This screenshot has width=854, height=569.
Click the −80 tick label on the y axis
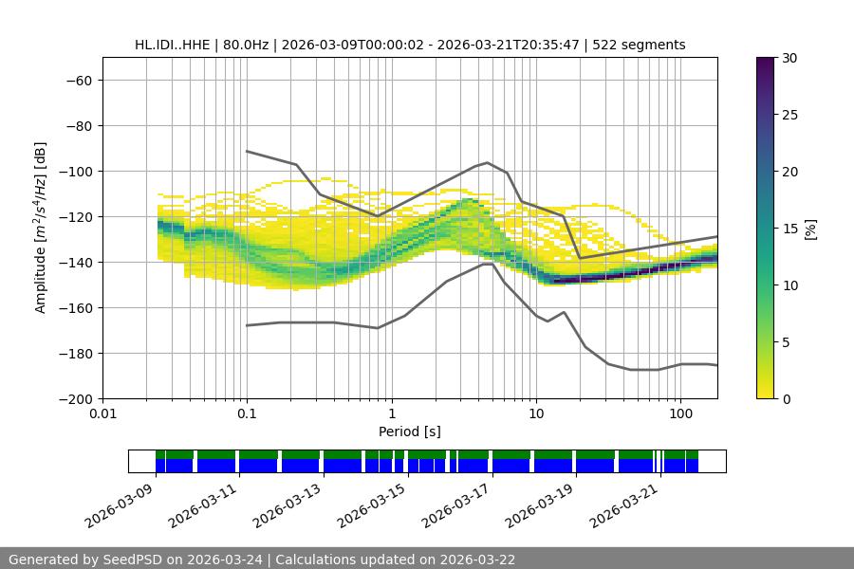(77, 126)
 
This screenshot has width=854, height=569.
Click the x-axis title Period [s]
(409, 432)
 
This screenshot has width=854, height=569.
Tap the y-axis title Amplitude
(41, 228)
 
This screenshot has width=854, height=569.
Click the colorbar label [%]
(809, 229)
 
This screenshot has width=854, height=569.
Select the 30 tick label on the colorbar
(789, 58)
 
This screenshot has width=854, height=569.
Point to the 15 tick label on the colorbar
(789, 229)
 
